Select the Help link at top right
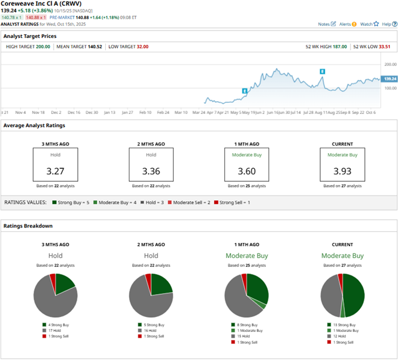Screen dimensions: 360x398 tap(385, 24)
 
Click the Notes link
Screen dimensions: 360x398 tap(324, 24)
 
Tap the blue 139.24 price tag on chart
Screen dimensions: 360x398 tap(388, 79)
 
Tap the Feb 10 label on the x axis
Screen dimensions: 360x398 tap(145, 112)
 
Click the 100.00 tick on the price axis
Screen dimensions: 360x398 tap(391, 88)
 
